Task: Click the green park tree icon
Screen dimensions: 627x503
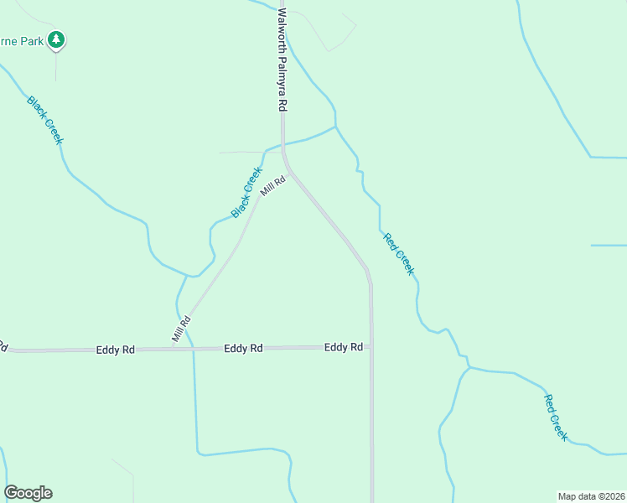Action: (x=56, y=39)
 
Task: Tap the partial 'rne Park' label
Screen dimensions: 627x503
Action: (x=21, y=39)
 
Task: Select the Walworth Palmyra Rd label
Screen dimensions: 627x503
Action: (x=282, y=60)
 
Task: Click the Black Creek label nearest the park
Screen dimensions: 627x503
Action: (x=45, y=120)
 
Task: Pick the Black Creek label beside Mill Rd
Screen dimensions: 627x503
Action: (x=246, y=192)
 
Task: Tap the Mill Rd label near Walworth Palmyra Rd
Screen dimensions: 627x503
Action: (x=273, y=185)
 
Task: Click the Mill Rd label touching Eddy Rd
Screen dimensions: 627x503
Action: (x=182, y=329)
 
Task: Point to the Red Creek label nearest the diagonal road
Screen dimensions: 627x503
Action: (x=398, y=254)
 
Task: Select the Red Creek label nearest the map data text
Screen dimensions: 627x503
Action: (x=556, y=417)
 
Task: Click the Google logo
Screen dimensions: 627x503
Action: (x=28, y=493)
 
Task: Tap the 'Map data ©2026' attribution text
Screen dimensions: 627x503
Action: (x=591, y=496)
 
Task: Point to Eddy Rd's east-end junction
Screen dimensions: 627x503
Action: (x=370, y=346)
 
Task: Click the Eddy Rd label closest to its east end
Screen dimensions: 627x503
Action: (x=344, y=346)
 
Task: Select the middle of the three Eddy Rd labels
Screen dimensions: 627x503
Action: (x=244, y=347)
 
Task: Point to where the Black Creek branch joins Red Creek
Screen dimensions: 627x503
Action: (x=335, y=127)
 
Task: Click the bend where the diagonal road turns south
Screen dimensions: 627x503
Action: (x=367, y=272)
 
